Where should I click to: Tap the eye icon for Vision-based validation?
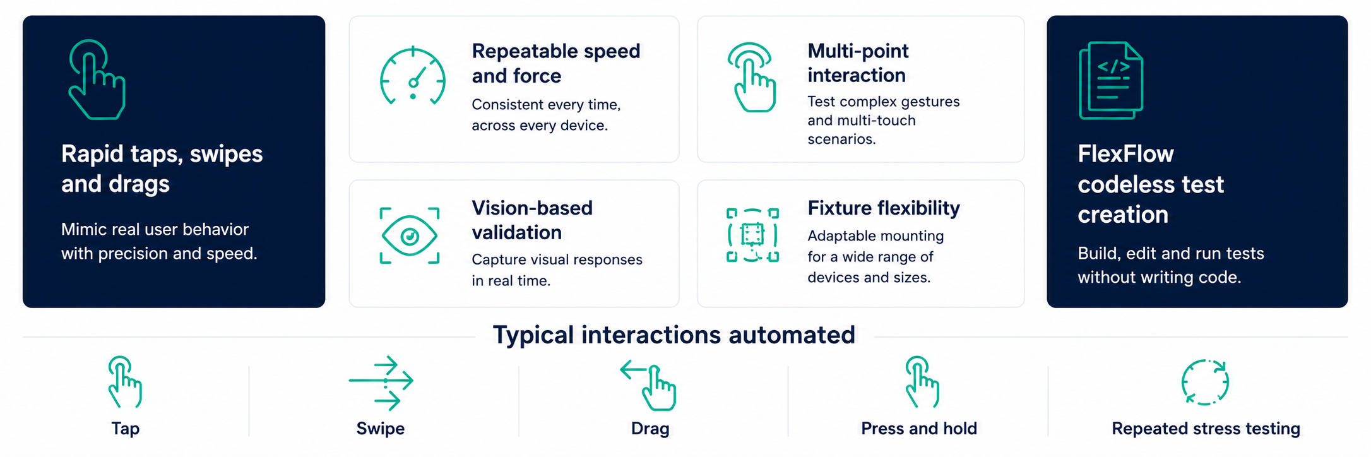pyautogui.click(x=410, y=236)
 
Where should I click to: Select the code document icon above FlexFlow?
pyautogui.click(x=1111, y=80)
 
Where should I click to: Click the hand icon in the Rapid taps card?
pyautogui.click(x=97, y=80)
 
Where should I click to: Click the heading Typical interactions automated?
pyautogui.click(x=674, y=335)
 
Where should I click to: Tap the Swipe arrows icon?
pyautogui.click(x=381, y=383)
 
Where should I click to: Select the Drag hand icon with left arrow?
pyautogui.click(x=649, y=385)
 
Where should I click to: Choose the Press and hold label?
pyautogui.click(x=919, y=429)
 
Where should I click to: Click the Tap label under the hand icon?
pyautogui.click(x=126, y=429)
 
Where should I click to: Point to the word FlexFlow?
pyautogui.click(x=1125, y=154)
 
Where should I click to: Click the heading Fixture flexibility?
pyautogui.click(x=884, y=208)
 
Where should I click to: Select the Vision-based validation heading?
pyautogui.click(x=532, y=220)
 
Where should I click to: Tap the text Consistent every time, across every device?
pyautogui.click(x=546, y=115)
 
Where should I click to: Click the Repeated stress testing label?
pyautogui.click(x=1206, y=429)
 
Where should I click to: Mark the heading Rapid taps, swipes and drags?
pyautogui.click(x=162, y=169)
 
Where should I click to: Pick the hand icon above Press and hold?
pyautogui.click(x=922, y=382)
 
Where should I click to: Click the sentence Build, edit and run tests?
pyautogui.click(x=1171, y=254)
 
